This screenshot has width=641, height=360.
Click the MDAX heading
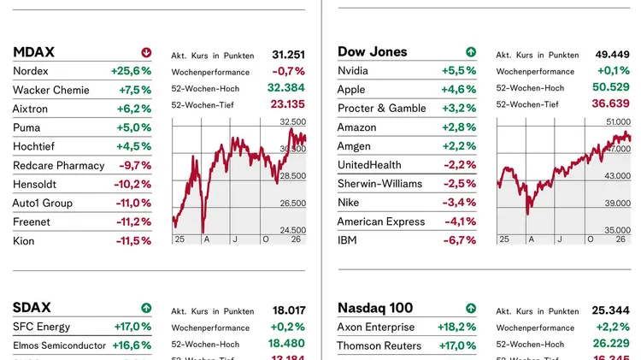pyautogui.click(x=34, y=52)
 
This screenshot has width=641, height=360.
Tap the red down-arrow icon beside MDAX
pyautogui.click(x=146, y=52)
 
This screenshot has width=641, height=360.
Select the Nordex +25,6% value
pyautogui.click(x=131, y=71)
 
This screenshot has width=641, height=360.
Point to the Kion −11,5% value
pyautogui.click(x=132, y=241)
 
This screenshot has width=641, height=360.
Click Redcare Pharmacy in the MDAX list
pyautogui.click(x=58, y=165)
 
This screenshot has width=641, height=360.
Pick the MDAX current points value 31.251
pyautogui.click(x=288, y=55)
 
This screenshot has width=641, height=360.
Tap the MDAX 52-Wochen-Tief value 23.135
pyautogui.click(x=286, y=104)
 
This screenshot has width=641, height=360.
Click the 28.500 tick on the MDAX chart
pyautogui.click(x=293, y=175)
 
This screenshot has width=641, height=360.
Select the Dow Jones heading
pyautogui.click(x=373, y=52)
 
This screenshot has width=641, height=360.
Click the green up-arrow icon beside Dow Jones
pyautogui.click(x=470, y=52)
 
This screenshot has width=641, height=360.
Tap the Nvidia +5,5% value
pyautogui.click(x=459, y=71)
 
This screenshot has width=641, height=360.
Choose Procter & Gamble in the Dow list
pyautogui.click(x=381, y=109)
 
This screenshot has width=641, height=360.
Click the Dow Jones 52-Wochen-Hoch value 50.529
pyautogui.click(x=611, y=87)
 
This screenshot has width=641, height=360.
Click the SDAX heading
pyautogui.click(x=32, y=307)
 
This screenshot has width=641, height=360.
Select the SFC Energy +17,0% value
pyautogui.click(x=132, y=327)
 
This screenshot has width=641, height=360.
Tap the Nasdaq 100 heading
pyautogui.click(x=375, y=308)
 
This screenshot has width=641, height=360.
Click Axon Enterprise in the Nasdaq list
pyautogui.click(x=375, y=327)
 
